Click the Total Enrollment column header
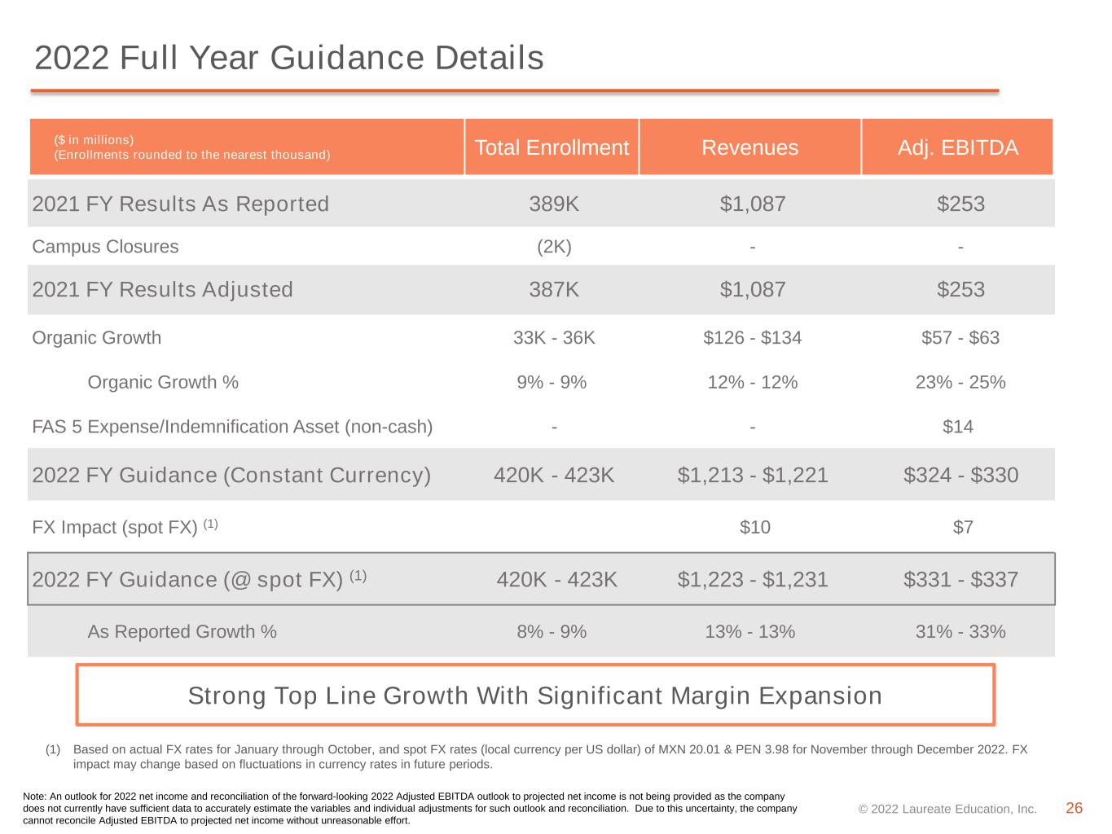coord(552,147)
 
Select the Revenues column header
coord(749,147)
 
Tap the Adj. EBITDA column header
coord(957,147)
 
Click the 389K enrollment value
coord(554,204)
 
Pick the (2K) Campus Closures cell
coord(554,247)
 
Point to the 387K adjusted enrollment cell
coord(554,289)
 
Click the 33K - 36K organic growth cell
coord(554,337)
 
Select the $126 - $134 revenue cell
coord(752,337)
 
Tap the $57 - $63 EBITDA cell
coord(960,337)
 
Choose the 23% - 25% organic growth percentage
coord(960,382)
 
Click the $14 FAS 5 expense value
coord(957,427)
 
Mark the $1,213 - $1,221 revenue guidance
coord(752,475)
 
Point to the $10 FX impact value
coord(755,527)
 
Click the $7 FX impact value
coord(963,527)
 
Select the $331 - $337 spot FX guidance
coord(960,579)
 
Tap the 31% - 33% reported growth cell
coord(960,631)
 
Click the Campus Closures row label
coord(105,247)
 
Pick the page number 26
coord(1074,808)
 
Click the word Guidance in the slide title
coord(347,57)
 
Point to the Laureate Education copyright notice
coord(947,809)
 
